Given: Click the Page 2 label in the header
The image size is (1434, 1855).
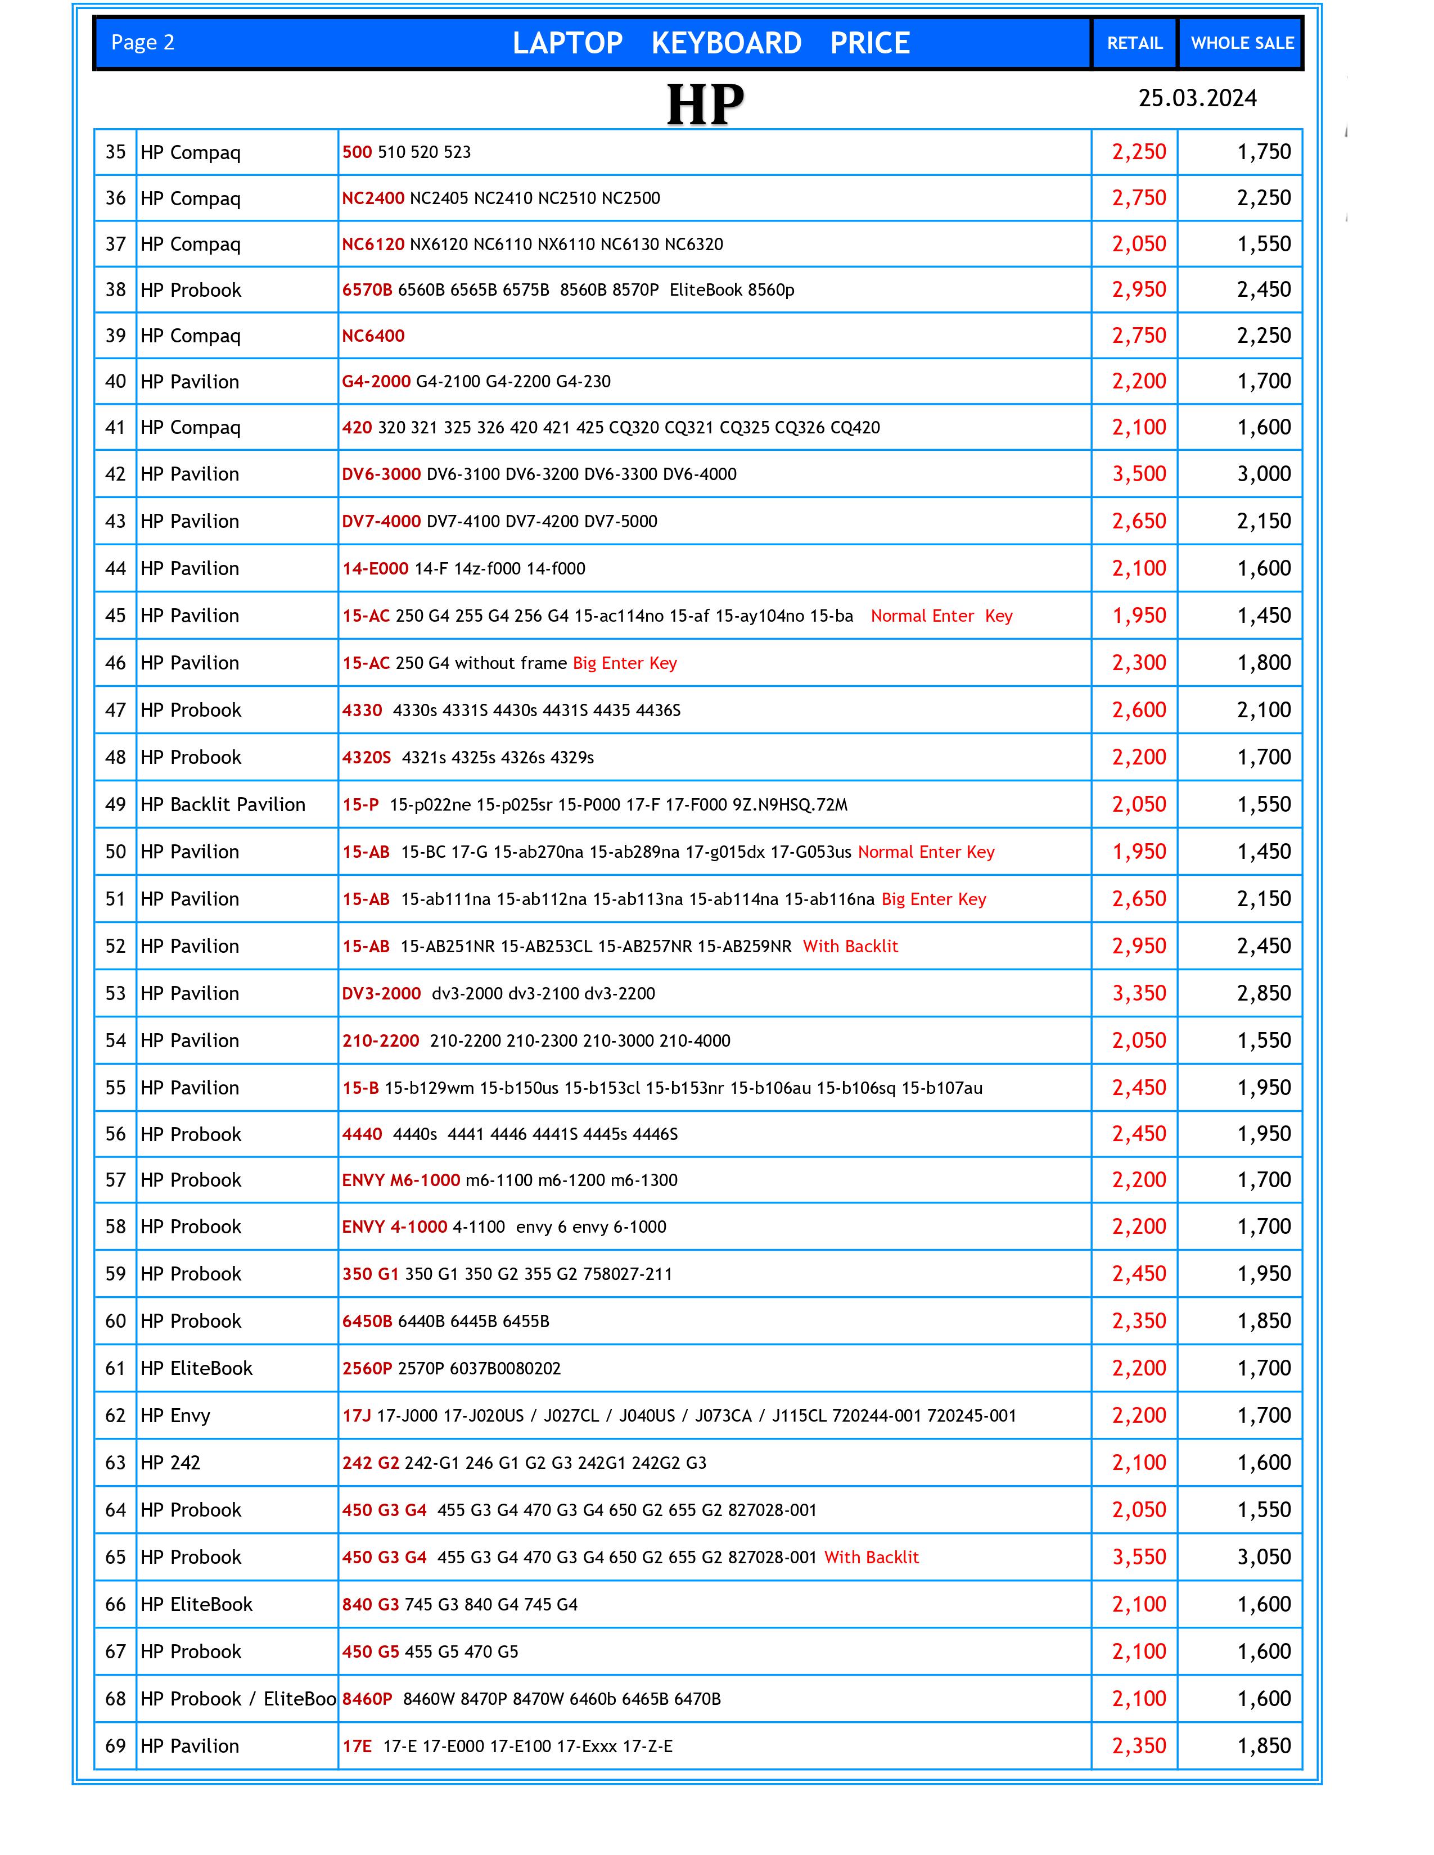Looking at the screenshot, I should [143, 43].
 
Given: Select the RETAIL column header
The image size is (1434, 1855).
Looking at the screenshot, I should [1134, 43].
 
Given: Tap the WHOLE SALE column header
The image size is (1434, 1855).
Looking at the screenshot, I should [1241, 43].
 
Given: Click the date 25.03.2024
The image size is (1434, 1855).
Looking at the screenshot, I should [1197, 98].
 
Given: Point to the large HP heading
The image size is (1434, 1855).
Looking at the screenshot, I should [705, 105].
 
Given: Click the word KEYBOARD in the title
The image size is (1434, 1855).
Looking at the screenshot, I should [727, 43].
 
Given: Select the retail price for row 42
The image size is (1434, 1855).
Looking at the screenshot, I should [1139, 474].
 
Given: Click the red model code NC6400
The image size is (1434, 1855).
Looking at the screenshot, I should [373, 336].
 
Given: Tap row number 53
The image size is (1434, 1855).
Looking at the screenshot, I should [115, 993].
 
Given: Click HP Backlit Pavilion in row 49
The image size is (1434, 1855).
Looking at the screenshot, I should [223, 804].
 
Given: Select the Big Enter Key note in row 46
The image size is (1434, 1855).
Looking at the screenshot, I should [624, 663].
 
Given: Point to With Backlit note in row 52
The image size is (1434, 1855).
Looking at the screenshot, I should [850, 946].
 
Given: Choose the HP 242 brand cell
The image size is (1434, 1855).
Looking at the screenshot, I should [171, 1463].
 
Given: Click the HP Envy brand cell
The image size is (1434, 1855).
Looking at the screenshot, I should [175, 1415].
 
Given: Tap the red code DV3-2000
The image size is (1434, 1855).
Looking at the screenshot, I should [381, 993].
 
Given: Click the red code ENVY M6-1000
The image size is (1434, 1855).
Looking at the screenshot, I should [401, 1180].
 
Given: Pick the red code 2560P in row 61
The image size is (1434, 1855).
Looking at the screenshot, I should [367, 1368].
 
